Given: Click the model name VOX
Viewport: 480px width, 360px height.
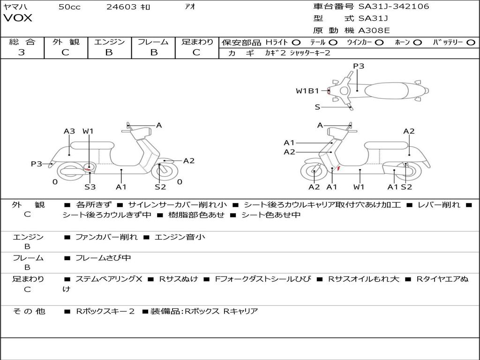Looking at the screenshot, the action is point(18,18).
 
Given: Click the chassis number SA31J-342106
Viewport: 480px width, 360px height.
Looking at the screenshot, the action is point(394,6).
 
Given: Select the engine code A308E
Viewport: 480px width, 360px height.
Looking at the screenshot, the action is point(374,30).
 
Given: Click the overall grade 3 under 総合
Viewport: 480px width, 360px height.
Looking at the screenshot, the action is point(22,52).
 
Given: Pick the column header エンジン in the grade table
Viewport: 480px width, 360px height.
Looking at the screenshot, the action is point(109,42).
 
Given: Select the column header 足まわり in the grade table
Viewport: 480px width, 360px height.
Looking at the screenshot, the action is point(197,42).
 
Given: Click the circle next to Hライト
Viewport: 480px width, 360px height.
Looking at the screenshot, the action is point(296,43).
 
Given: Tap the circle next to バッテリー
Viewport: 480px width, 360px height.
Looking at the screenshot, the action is point(471,43).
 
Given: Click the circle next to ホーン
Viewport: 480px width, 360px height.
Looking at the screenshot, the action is point(418,43).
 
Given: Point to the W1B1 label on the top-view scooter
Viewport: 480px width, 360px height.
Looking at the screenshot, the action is point(307,91).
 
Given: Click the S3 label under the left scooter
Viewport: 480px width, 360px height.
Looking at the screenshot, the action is point(90,187).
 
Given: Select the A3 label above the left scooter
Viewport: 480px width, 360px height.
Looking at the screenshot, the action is point(69,131).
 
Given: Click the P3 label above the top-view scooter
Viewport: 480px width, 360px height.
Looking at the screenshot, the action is point(359,66).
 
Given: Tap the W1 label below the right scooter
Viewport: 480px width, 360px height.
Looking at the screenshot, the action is point(359,187).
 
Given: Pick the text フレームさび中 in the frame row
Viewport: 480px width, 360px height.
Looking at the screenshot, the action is point(103,258).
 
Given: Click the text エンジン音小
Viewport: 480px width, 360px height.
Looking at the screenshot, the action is point(180,237).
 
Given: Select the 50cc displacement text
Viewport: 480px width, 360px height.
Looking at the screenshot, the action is point(69,7).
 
